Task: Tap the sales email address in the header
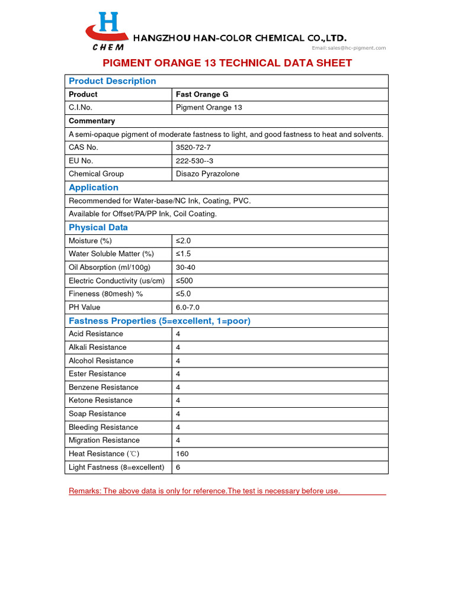tap(349, 48)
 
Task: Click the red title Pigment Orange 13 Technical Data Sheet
tap(227, 63)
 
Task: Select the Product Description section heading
tap(113, 81)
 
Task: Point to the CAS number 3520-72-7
tap(193, 147)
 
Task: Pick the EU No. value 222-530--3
tap(194, 160)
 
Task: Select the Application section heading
tap(94, 188)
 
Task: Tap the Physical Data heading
tap(98, 227)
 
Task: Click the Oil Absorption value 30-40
tap(185, 267)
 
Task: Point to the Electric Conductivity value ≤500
tap(184, 281)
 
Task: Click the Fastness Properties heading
tap(159, 321)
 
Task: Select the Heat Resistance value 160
tap(182, 454)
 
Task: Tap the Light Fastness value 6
tap(178, 467)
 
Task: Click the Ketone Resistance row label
tap(101, 401)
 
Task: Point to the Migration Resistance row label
tap(104, 440)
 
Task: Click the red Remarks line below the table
tap(204, 491)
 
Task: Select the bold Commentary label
tap(92, 121)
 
